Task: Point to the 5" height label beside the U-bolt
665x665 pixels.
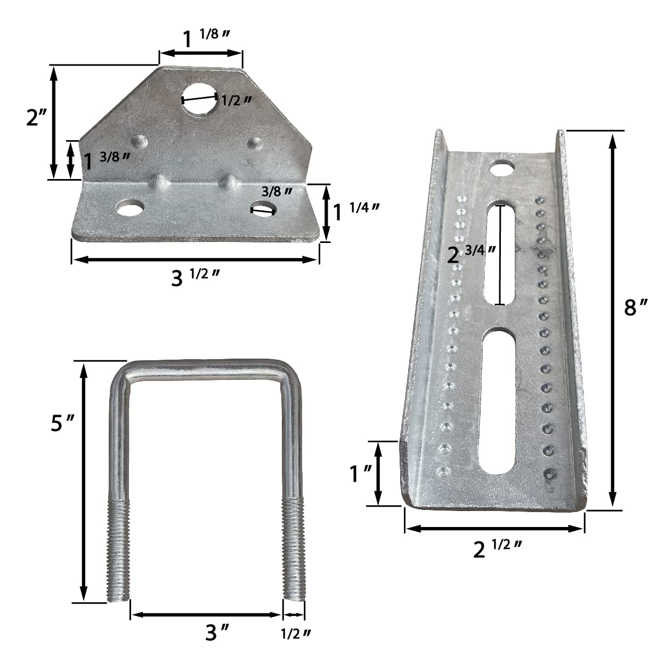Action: coord(61,424)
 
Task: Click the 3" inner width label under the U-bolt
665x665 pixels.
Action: coord(217,633)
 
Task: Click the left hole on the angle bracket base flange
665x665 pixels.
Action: coord(131,208)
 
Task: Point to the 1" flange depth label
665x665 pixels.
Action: coord(360,473)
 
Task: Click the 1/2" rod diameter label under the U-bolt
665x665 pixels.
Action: coord(295,634)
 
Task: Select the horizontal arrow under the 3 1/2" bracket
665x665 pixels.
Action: coord(195,259)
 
